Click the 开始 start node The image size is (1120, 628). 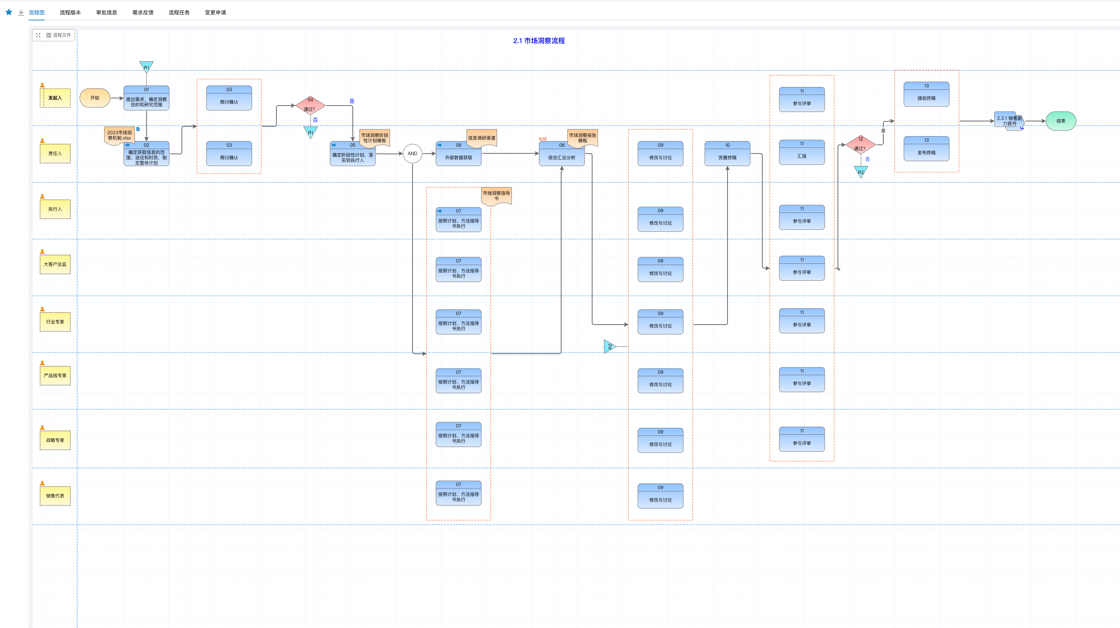95,98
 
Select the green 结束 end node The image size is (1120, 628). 1060,121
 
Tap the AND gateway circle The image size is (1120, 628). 412,154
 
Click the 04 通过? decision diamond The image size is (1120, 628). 310,105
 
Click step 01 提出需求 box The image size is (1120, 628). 146,98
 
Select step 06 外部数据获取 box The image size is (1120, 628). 458,154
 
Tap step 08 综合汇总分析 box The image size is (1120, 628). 561,155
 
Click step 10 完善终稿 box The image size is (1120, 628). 727,154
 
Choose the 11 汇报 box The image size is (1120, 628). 801,153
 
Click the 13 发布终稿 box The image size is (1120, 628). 926,149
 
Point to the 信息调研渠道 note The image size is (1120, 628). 481,138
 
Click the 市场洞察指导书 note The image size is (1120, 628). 496,196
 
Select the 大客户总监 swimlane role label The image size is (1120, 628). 55,264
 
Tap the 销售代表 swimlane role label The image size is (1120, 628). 55,496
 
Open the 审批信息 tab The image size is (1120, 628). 107,12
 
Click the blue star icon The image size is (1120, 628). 9,12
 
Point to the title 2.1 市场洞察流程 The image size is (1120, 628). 539,41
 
